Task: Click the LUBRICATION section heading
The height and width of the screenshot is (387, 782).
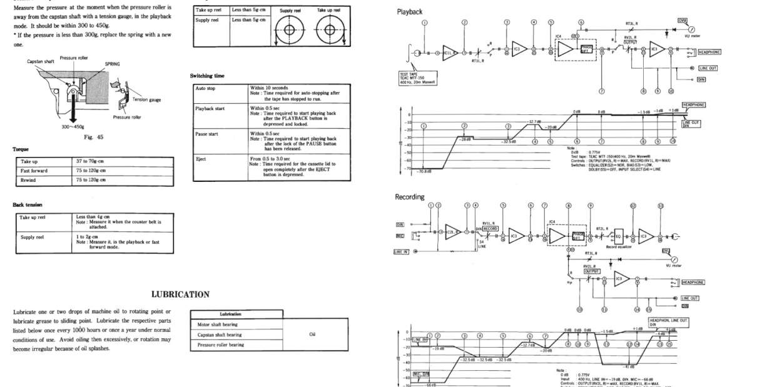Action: click(180, 294)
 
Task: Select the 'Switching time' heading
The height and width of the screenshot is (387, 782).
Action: click(207, 76)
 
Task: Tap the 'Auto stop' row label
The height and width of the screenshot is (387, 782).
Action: click(206, 88)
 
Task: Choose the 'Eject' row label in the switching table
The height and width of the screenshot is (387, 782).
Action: click(201, 159)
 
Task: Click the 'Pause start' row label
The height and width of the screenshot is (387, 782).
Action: click(207, 134)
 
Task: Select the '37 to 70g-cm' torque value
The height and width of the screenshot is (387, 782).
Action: click(91, 161)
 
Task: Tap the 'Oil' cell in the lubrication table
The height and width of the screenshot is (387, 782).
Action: click(312, 334)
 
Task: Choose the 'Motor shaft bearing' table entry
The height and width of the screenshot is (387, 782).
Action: click(217, 324)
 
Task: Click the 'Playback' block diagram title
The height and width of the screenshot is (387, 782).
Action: click(410, 12)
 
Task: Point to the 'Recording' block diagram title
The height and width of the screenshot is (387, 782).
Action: click(410, 197)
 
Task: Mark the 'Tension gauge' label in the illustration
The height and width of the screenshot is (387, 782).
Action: click(146, 99)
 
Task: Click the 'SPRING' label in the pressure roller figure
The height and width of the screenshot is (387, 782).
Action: click(112, 63)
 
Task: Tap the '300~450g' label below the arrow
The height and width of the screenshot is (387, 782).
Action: click(74, 127)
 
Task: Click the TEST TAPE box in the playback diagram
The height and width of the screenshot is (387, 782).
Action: click(417, 78)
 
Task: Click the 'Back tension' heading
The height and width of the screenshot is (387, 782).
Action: click(28, 204)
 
